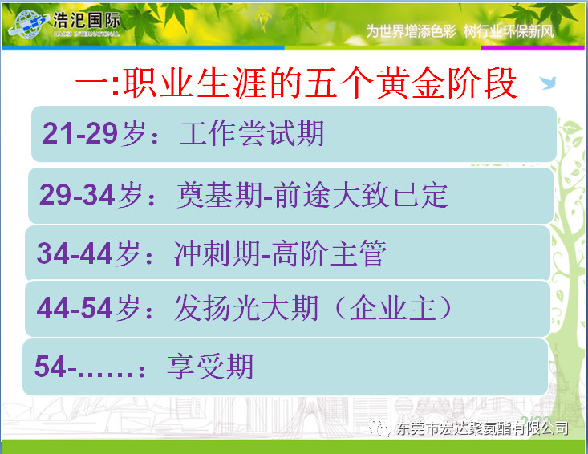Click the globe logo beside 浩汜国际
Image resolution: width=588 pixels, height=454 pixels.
pos(29,24)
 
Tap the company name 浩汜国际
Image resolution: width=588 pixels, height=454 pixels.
pos(87,20)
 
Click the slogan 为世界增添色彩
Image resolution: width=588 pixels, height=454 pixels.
pos(411,31)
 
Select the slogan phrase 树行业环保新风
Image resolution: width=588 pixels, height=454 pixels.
pos(509,31)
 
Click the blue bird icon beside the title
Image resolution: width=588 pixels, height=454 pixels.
pos(548,83)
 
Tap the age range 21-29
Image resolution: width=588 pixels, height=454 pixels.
pos(80,133)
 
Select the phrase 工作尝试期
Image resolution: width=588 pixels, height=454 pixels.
pos(252,133)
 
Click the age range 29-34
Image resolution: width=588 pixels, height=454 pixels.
pos(77,195)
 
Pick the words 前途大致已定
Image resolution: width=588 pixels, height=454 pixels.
pos(361,195)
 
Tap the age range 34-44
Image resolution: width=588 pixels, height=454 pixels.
pos(75,253)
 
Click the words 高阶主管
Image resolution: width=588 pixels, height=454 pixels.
pos(329,253)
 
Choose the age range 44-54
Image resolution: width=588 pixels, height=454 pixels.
pos(75,308)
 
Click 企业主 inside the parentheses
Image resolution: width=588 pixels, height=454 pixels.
pos(393,308)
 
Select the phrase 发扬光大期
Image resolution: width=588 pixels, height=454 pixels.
pos(246,308)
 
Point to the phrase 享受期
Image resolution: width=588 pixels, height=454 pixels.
pos(210,367)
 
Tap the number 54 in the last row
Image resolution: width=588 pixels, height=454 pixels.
pos(51,367)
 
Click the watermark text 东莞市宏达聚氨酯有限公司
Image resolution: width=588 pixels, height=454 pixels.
pos(483,428)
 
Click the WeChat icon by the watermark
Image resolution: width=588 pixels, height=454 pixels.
pos(379,428)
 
